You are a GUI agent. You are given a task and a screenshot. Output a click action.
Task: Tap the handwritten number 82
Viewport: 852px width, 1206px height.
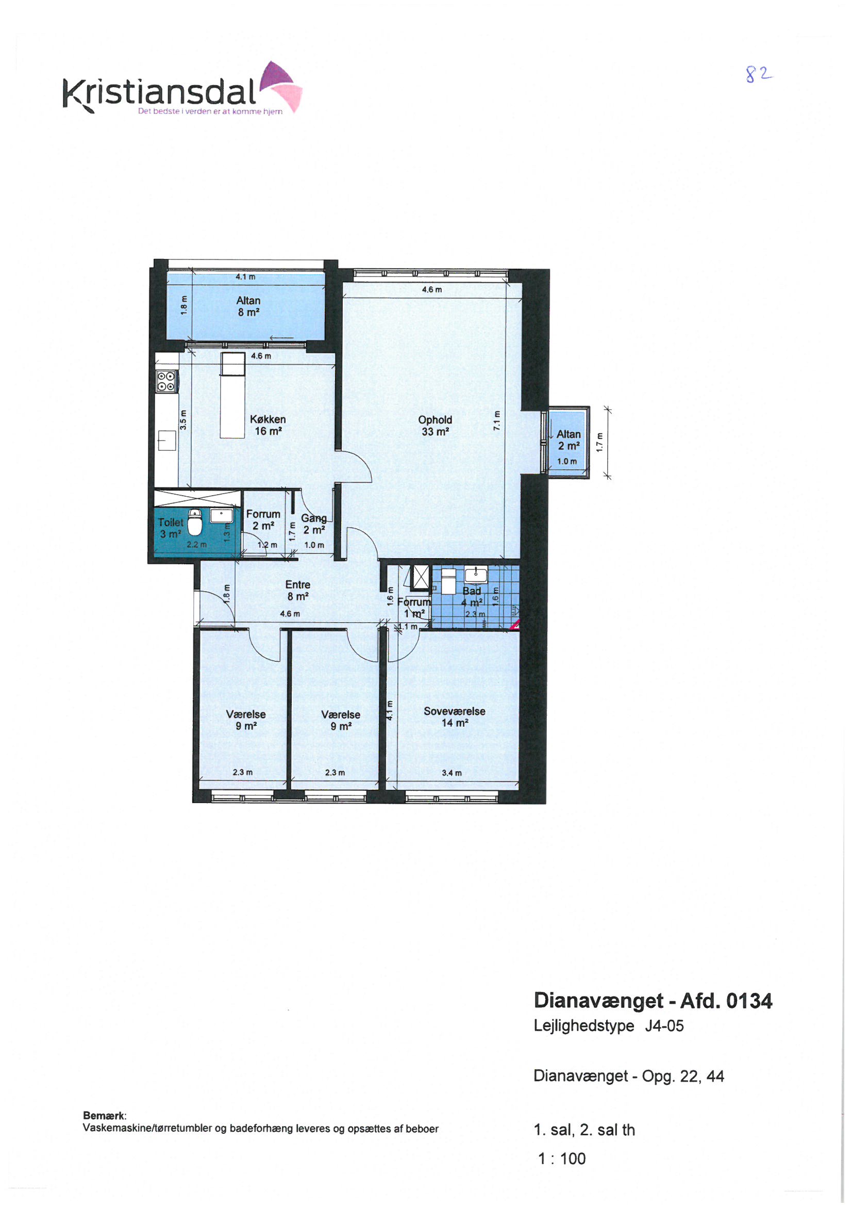point(759,75)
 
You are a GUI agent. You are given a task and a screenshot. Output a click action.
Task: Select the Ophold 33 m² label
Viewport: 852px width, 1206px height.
point(435,426)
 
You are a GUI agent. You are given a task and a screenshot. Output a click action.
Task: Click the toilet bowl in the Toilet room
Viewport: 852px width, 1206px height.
point(195,522)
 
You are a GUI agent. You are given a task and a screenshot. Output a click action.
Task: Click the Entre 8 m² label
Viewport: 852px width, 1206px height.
point(297,591)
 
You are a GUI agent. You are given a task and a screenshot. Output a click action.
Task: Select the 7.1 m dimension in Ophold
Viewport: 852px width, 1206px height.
point(496,420)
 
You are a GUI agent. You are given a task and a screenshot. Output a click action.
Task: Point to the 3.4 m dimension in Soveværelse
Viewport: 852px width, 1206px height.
point(452,773)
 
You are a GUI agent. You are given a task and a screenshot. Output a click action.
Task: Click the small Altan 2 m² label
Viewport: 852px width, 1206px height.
point(569,440)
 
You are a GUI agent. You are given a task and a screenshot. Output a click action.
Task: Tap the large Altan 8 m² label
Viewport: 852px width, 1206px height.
point(248,306)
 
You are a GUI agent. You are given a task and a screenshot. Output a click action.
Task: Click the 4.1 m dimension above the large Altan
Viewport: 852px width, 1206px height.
point(245,276)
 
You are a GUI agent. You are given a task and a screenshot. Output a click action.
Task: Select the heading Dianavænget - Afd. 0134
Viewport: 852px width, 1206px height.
point(653,1001)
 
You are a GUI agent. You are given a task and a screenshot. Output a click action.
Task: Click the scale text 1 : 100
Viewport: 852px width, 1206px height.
point(562,1158)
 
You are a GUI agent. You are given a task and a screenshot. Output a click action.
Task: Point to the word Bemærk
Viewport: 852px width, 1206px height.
point(105,1116)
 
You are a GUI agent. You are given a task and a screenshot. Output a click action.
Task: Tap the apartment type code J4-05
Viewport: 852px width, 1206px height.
point(664,1026)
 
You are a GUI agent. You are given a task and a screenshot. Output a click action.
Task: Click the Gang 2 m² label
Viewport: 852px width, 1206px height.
point(314,524)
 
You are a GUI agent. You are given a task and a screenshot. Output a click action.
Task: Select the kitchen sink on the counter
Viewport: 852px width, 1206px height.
point(167,441)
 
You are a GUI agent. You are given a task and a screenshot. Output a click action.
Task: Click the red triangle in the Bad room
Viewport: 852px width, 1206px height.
point(516,625)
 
